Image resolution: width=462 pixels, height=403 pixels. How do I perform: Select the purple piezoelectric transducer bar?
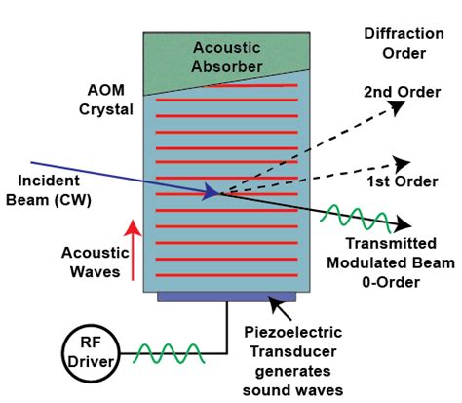[x=226, y=296]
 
